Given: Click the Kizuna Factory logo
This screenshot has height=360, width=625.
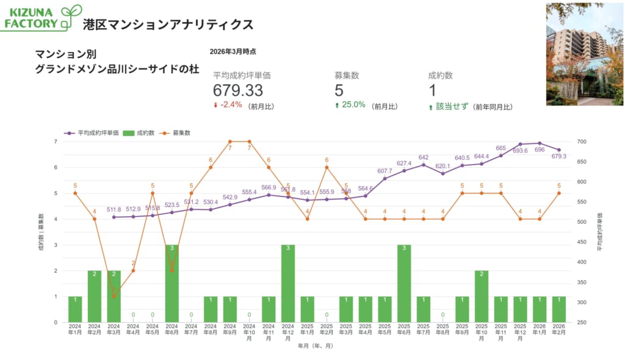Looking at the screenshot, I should pos(42,18).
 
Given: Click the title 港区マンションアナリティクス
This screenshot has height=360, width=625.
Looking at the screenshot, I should pos(168,24).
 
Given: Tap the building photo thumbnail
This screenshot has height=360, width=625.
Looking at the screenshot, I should pos(584,54).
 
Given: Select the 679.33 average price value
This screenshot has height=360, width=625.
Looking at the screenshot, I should pos(238,90).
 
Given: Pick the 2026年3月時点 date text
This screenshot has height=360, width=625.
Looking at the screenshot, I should pos(233,52).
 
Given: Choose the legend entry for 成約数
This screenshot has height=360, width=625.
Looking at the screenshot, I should pos(144,132).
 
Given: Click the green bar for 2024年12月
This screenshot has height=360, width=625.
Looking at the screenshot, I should pos(288,283).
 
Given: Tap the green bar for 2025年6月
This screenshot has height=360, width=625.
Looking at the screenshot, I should pos(404,283).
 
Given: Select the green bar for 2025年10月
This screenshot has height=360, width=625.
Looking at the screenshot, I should pos(482,296).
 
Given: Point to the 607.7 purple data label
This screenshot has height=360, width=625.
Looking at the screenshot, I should pos(385,171).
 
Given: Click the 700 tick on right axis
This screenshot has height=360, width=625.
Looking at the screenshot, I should pos(581,142).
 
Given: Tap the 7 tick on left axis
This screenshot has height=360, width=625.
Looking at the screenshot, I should pos(56,142).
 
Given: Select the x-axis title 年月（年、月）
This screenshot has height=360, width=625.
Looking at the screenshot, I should pos(316,346).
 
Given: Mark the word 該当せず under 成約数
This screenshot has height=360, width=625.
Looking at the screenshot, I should pos(452,106).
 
